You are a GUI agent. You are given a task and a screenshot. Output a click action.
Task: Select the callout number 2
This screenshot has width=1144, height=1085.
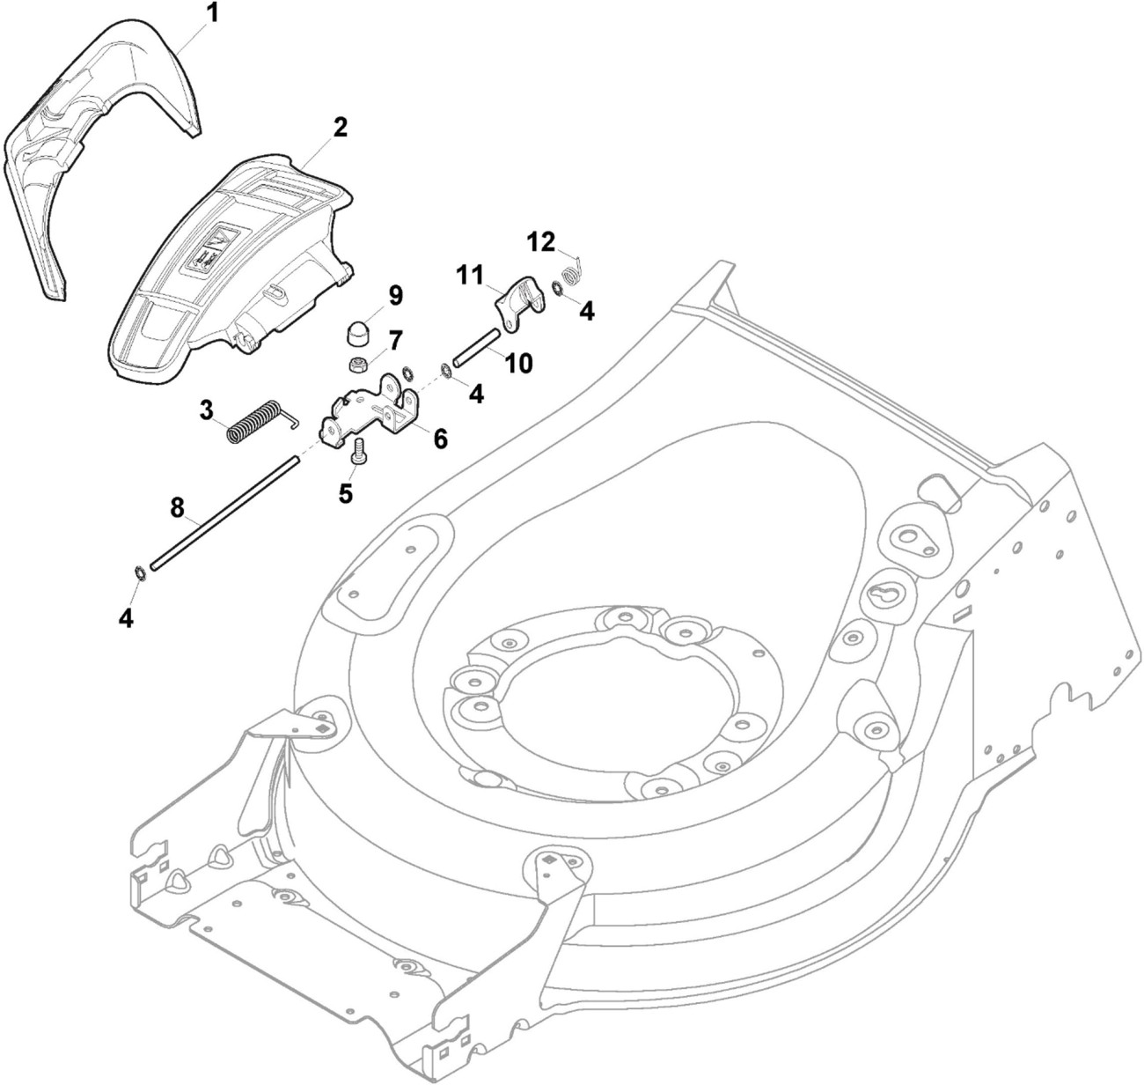tap(339, 128)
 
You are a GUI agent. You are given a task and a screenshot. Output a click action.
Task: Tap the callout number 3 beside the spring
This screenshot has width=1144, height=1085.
tap(207, 410)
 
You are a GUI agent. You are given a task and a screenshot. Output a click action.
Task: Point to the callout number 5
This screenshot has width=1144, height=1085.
tap(346, 493)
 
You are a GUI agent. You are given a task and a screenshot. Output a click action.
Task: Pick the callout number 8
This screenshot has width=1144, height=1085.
tap(177, 507)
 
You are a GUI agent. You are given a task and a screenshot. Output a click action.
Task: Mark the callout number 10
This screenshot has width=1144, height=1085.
tap(518, 362)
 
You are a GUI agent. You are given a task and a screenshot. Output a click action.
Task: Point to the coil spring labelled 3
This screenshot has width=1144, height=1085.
tap(254, 421)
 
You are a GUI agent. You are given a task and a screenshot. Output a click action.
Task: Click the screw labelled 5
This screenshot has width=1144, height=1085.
tap(358, 453)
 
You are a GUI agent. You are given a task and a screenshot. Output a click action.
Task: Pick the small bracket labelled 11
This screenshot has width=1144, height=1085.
tap(516, 303)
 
